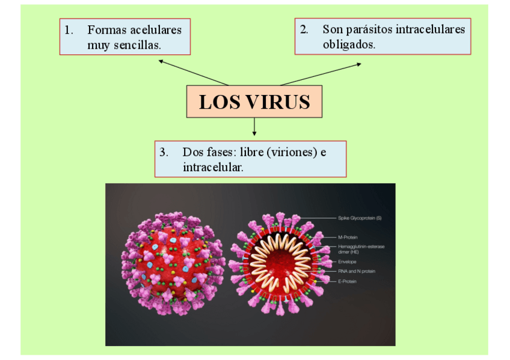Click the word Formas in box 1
point(107,29)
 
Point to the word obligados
point(348,44)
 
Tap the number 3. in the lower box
point(164,152)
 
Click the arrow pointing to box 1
point(192,72)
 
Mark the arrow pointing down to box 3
point(254,126)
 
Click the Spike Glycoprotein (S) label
point(360,218)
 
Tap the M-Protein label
point(348,237)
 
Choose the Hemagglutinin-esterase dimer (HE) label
point(361,249)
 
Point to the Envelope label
point(347,262)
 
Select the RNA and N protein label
point(357,271)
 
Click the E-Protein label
point(347,281)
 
